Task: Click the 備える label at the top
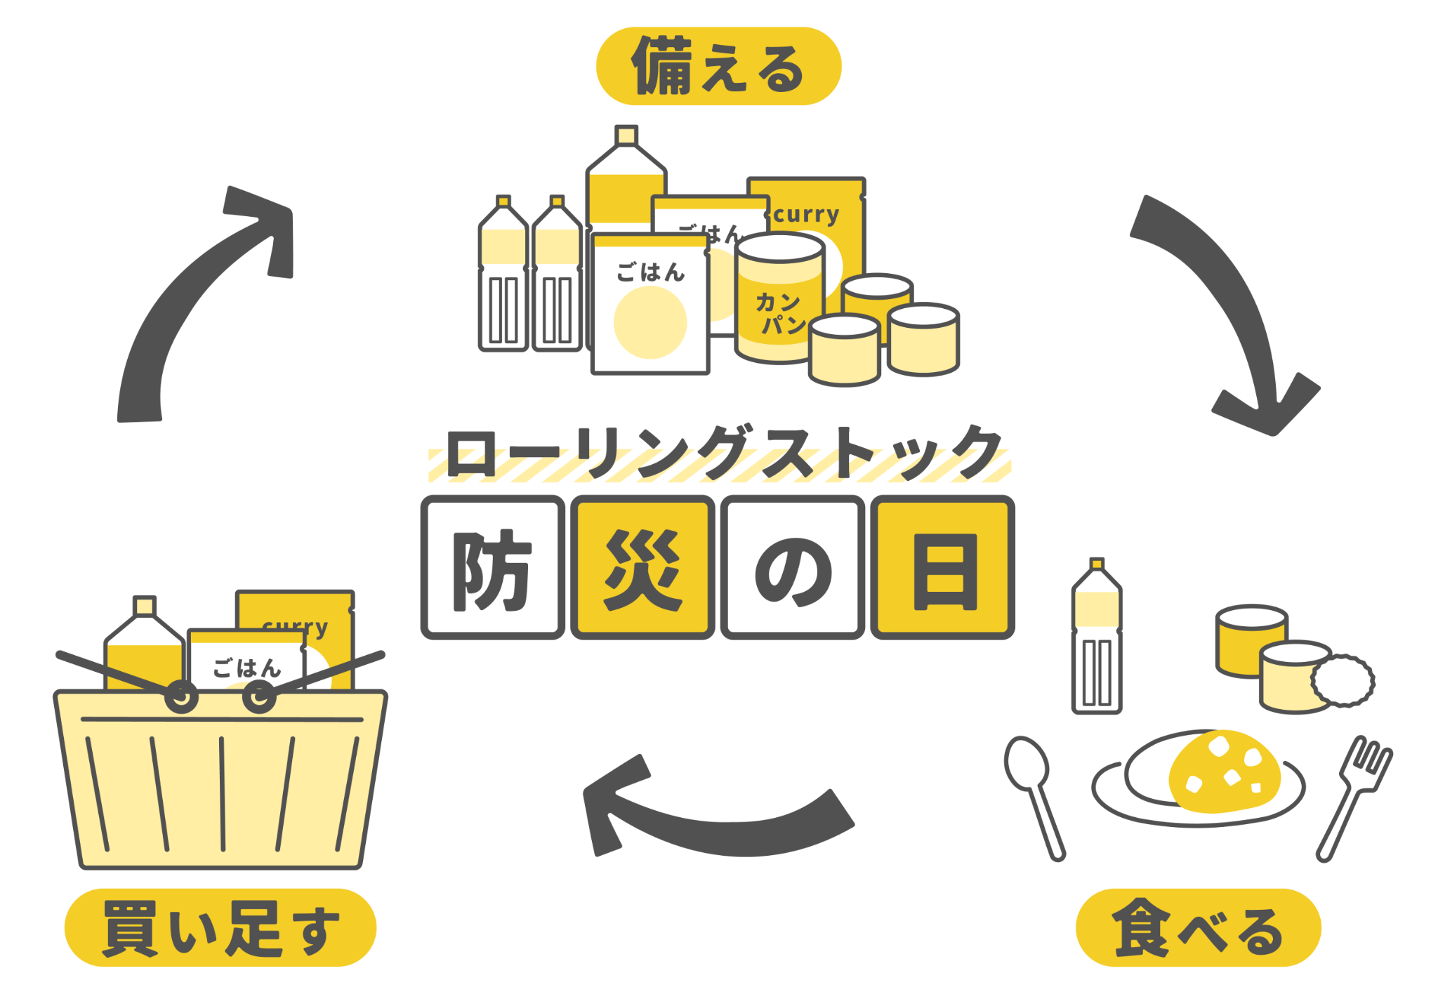point(718,67)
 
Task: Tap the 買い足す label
point(220,927)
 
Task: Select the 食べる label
point(1198,927)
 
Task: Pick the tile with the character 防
point(492,567)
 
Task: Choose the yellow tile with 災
point(642,567)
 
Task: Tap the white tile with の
point(793,567)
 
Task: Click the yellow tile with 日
point(943,567)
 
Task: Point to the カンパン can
point(779,302)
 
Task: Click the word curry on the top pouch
point(806,214)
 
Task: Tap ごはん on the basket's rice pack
point(246,668)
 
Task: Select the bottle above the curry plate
point(1096,639)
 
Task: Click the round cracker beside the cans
point(1343,680)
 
